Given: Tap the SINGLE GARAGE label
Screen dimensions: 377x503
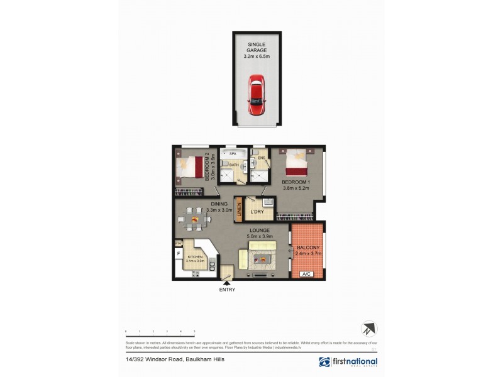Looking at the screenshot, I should (255, 46).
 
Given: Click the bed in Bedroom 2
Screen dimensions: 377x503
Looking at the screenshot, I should (191, 167).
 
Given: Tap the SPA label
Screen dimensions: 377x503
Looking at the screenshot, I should (232, 153).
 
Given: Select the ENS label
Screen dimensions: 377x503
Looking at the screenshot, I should (253, 158).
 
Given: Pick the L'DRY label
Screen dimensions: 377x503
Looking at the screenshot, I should (257, 212).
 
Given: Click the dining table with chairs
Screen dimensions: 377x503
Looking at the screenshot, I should (195, 219).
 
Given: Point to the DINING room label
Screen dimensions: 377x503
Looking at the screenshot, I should (219, 204).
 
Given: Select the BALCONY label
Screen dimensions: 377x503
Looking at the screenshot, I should (308, 248).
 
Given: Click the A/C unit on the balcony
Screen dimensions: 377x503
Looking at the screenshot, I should (307, 274).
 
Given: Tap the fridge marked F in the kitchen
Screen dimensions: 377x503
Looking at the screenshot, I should (179, 254).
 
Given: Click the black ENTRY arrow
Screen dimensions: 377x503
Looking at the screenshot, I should (226, 283).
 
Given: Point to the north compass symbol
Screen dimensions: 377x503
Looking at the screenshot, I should (368, 329).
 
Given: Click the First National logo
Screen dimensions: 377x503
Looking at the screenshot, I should (348, 362).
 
